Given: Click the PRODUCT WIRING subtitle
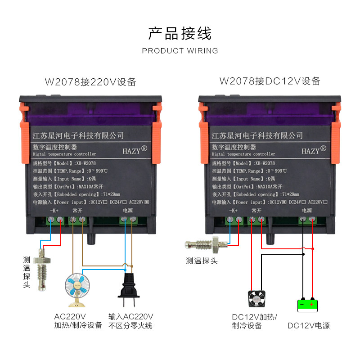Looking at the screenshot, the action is pos(180,51).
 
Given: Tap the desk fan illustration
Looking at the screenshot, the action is pos(77,290).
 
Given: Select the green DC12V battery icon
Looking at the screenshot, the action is pos(307,306).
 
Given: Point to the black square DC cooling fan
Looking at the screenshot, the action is pos(257,299).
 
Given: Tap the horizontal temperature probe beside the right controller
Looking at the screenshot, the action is pos(206,245).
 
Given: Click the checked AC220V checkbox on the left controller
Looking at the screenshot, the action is pos(147,202).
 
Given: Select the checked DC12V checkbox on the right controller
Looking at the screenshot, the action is pos(284,202).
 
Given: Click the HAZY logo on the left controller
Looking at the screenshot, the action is pos(135,150).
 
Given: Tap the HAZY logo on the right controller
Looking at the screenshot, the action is pos(314,150).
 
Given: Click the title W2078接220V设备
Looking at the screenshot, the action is pos(90,82).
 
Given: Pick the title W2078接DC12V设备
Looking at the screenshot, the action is pos(270,81).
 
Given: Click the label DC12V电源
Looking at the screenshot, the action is pos(309,325).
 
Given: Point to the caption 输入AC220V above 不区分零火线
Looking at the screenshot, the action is pos(130,317).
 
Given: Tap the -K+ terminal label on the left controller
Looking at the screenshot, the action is pos(54,211).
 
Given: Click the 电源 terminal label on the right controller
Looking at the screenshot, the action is pos(307,211).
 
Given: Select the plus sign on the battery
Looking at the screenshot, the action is pos(311,305).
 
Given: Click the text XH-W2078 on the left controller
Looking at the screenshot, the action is pos(86,163).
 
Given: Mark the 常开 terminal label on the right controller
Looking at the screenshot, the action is pos(256,211).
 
